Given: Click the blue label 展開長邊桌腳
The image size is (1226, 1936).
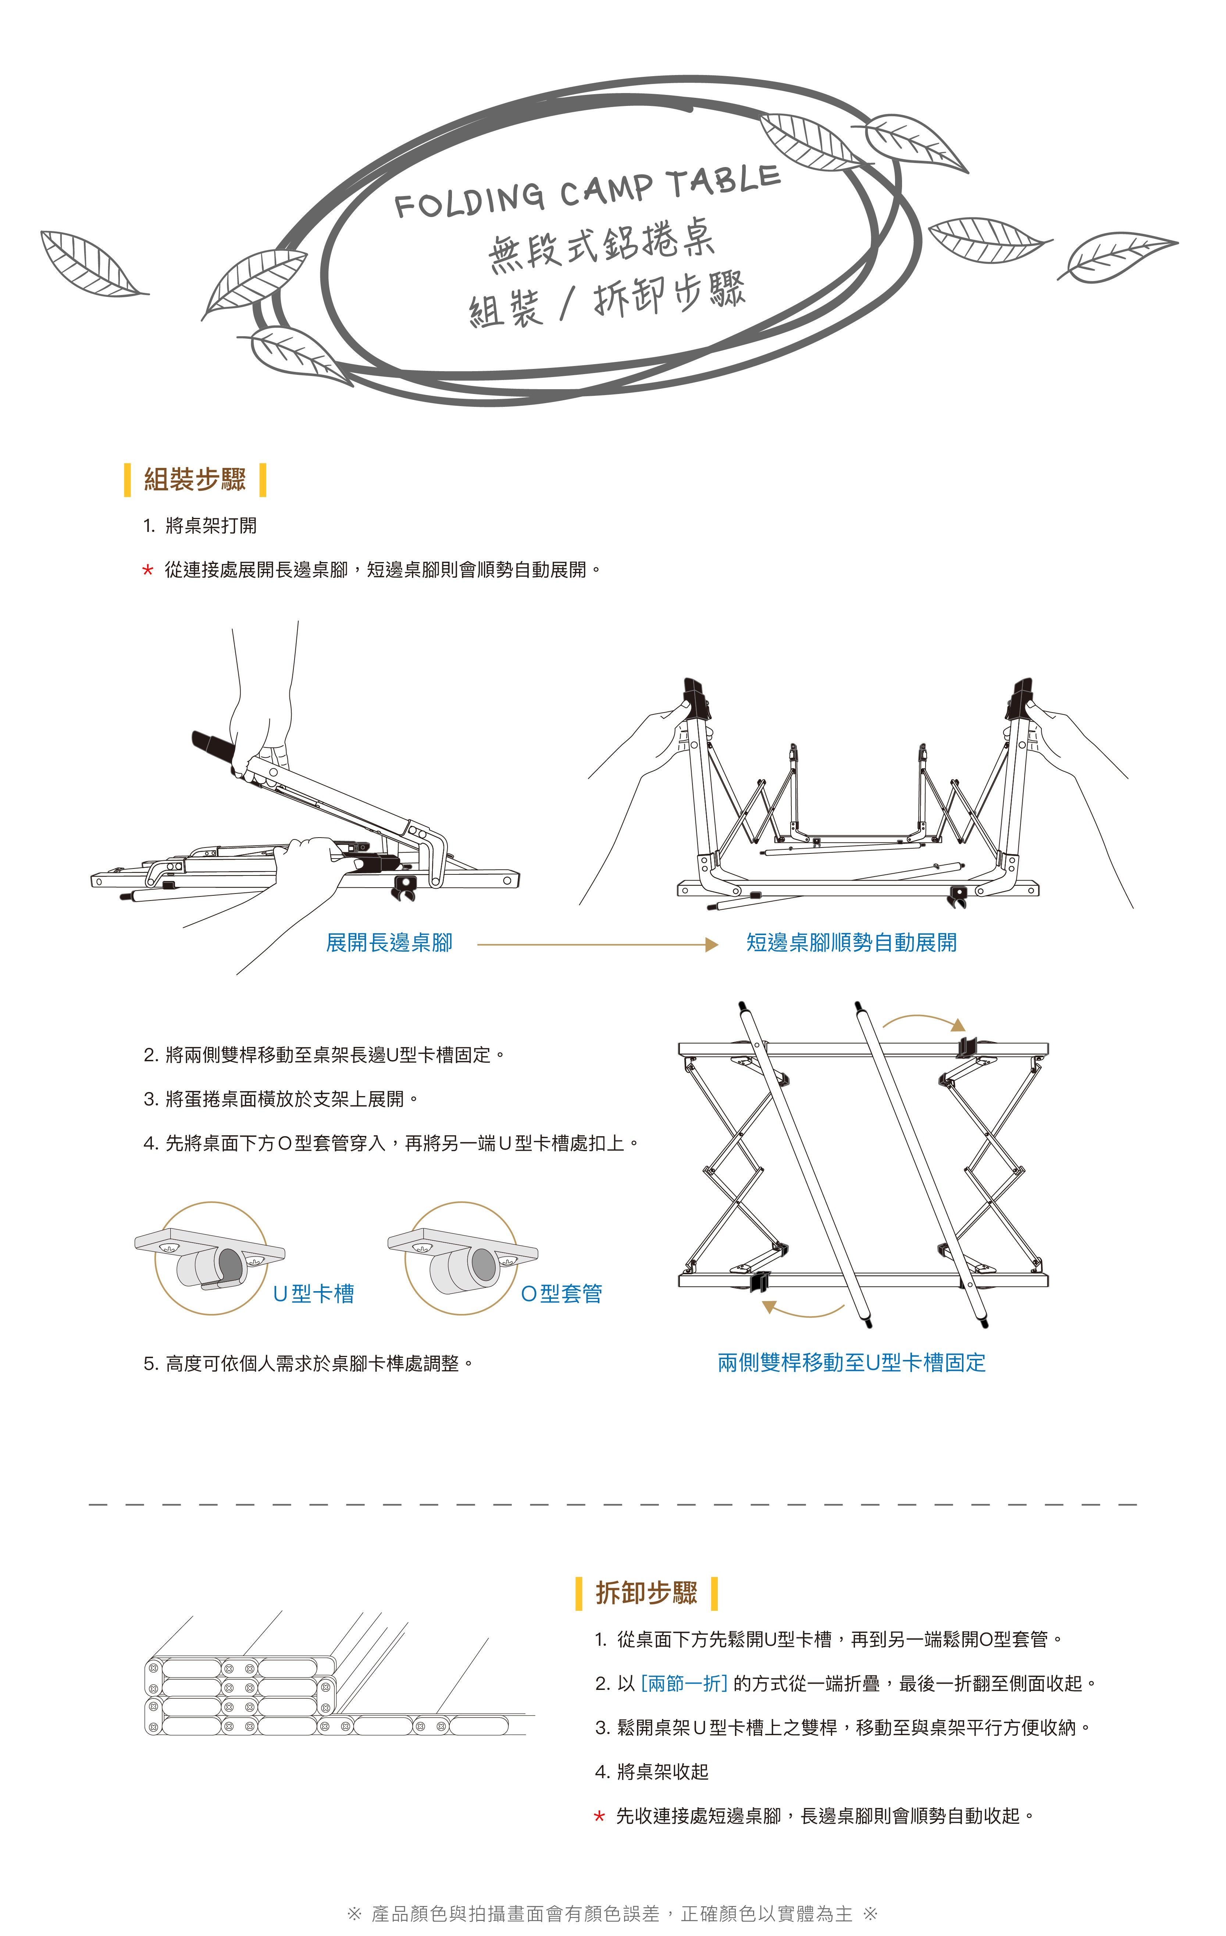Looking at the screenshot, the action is pos(389,942).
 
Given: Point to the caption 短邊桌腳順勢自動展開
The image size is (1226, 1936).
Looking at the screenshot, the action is pos(851,942).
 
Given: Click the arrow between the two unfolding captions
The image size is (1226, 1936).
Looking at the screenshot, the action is pos(597,945).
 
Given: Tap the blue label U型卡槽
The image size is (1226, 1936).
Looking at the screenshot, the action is pos(314,1294).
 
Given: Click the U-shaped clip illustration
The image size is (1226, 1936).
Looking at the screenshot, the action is pos(211,1258).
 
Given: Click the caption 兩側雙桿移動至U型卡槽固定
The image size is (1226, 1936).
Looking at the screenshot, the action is pos(851,1362).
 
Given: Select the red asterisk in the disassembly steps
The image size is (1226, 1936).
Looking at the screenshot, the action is pos(599,1816).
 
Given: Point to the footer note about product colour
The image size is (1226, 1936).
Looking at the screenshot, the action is pos(612,1914).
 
